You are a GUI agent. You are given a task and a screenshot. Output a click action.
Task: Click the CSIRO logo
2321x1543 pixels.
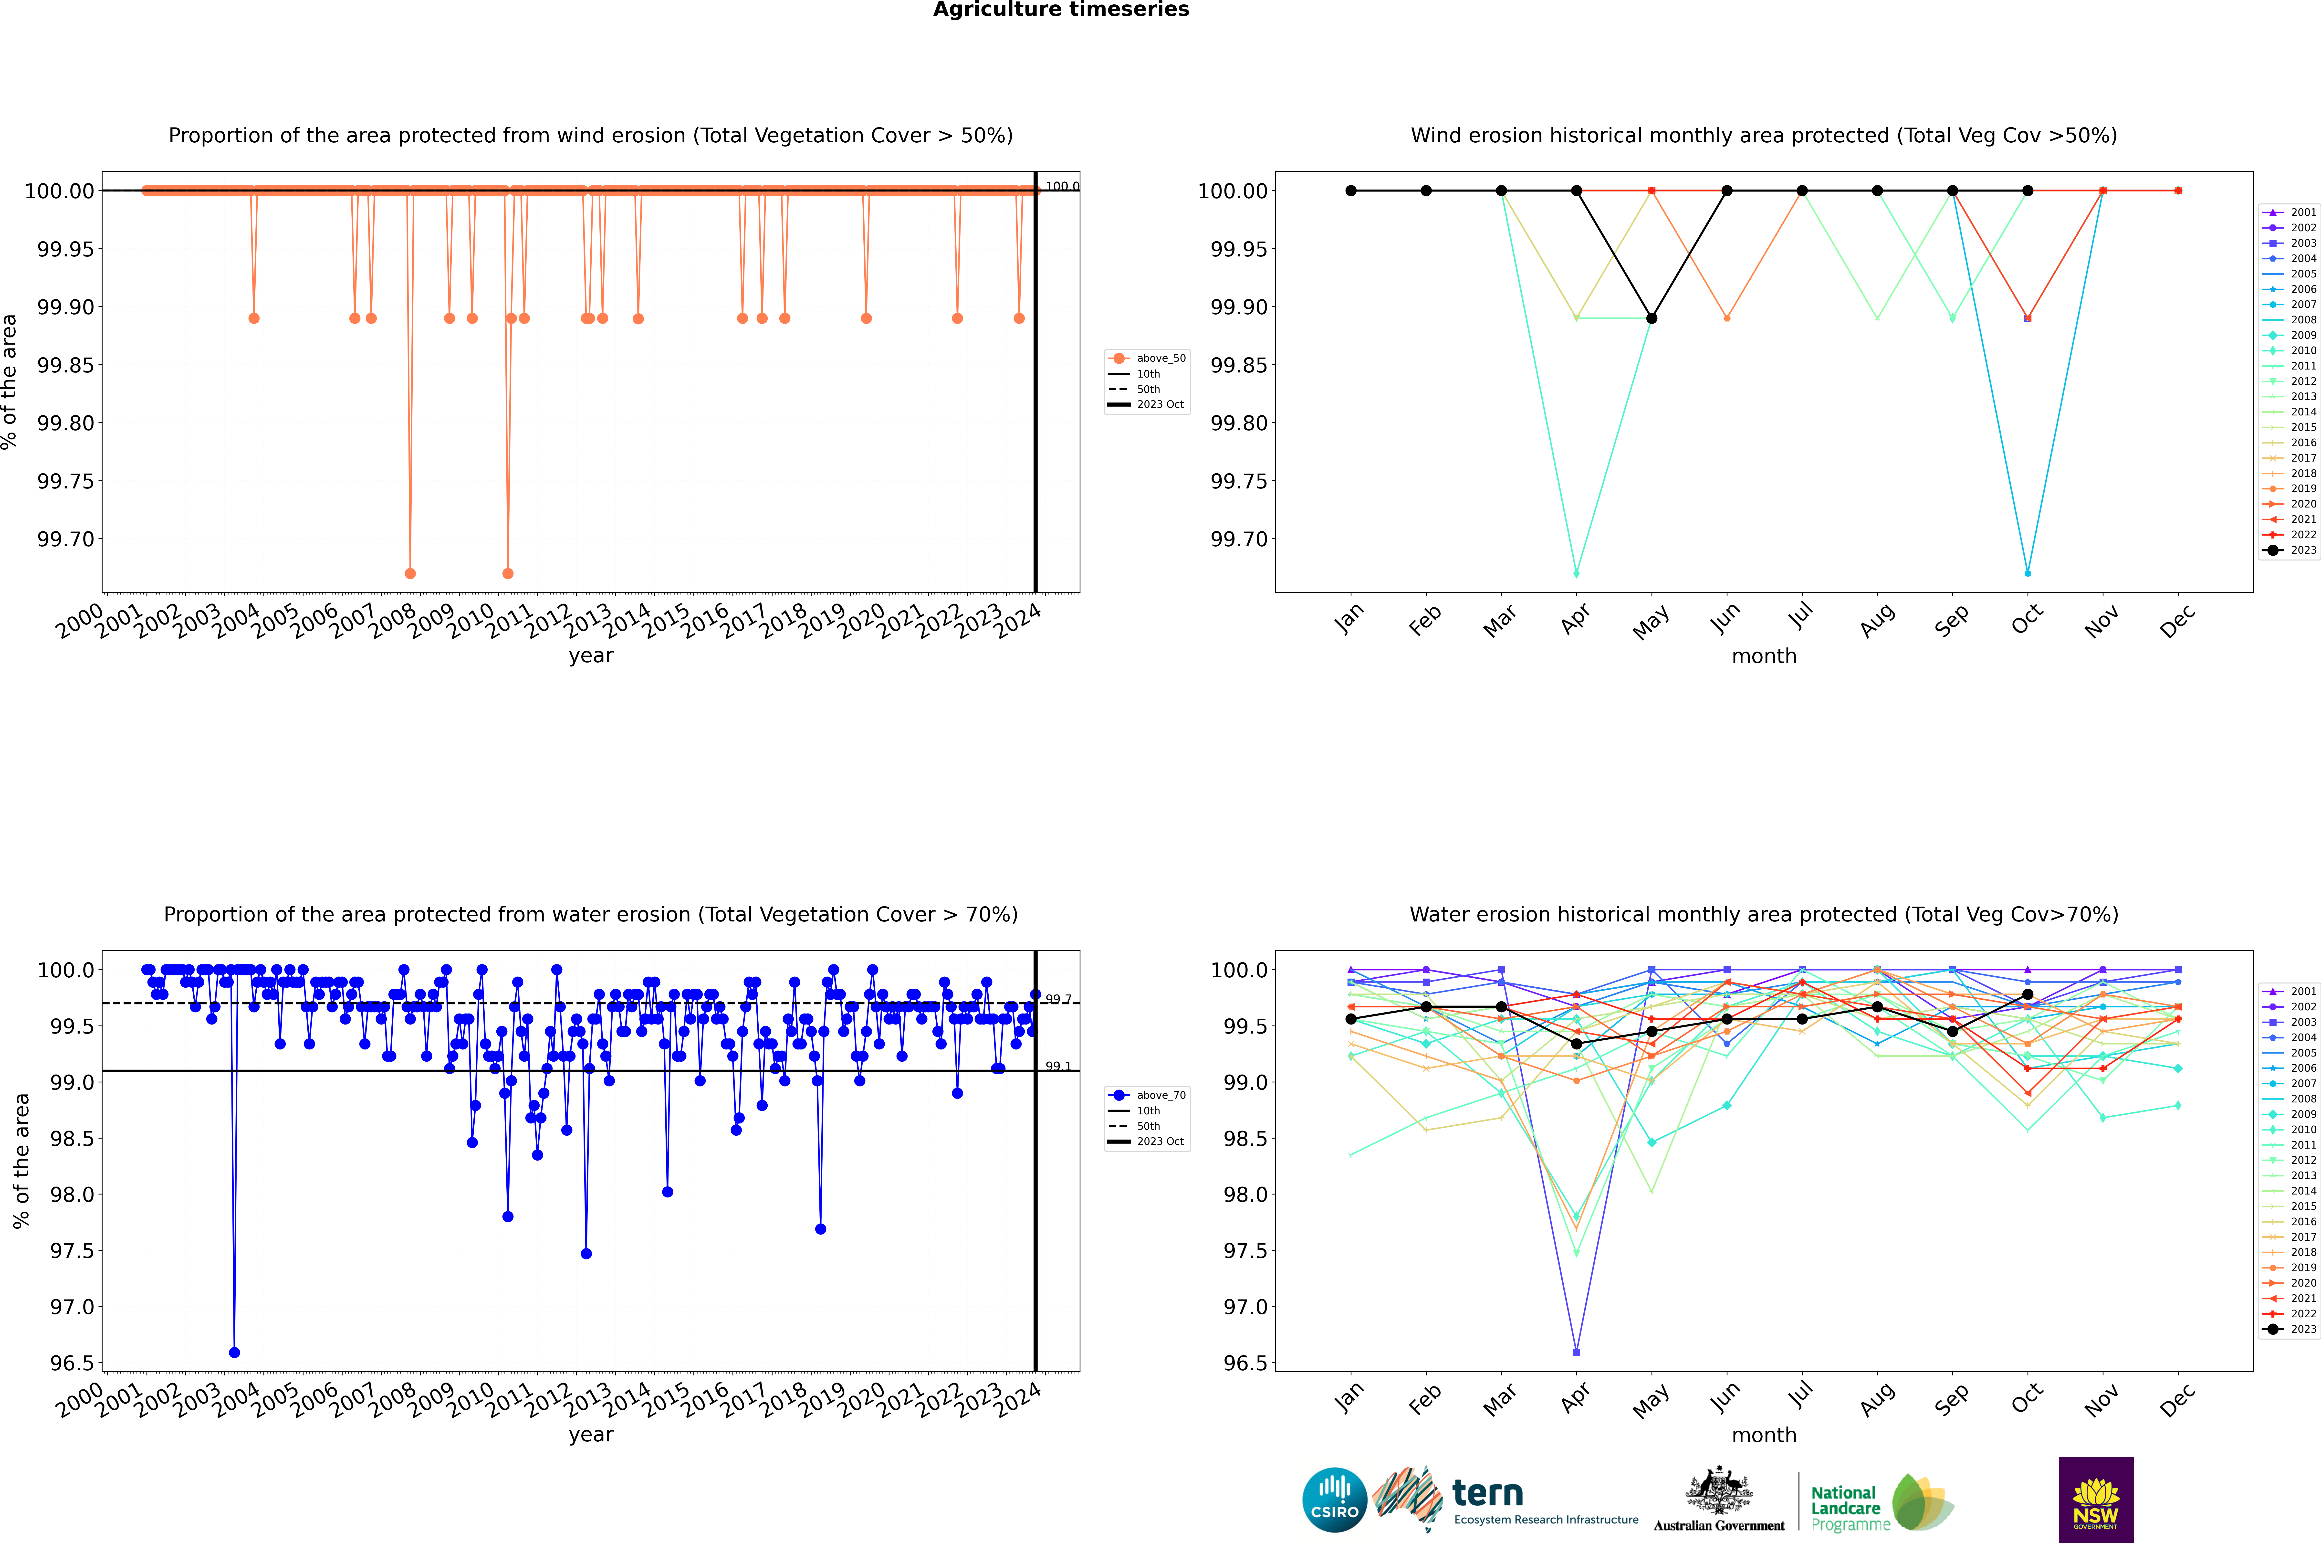1334,1500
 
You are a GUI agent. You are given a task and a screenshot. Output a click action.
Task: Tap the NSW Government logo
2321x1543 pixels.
2096,1500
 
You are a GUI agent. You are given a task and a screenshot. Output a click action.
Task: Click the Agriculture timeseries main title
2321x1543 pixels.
1061,10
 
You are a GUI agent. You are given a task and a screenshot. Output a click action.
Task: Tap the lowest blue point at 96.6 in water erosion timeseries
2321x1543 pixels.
234,1352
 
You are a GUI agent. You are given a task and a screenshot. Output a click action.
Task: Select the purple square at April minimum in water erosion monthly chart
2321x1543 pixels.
1576,1352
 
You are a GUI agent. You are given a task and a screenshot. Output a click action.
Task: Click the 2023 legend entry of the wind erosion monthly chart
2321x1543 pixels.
2292,550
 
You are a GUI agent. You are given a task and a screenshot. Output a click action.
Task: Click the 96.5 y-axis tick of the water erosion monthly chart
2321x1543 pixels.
1244,1363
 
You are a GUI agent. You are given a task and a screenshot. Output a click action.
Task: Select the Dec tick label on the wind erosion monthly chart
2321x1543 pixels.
2176,622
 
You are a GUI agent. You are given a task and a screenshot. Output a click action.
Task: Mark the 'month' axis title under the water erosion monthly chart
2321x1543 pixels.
1763,1435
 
